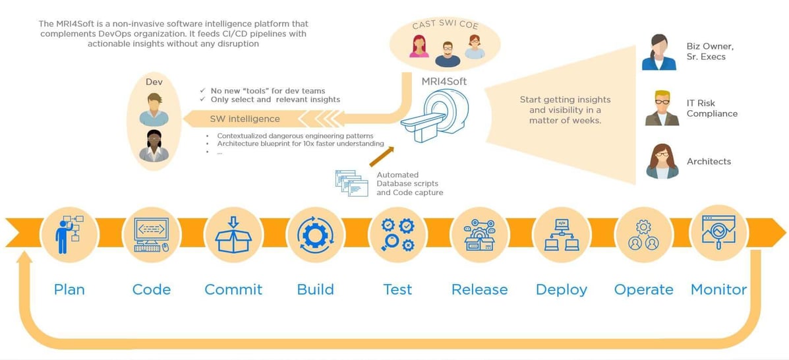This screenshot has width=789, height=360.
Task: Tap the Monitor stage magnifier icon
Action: [x=718, y=232]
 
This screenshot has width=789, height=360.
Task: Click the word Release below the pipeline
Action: [x=480, y=289]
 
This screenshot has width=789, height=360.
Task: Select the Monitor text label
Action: [x=718, y=289]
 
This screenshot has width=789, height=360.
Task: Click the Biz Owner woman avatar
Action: [x=659, y=53]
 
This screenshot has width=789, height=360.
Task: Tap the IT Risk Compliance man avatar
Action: [x=662, y=108]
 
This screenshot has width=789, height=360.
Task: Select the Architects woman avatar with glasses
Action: [x=662, y=162]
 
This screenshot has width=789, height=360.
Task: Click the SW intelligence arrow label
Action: [x=245, y=119]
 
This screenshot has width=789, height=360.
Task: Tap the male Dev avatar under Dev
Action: [x=154, y=109]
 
